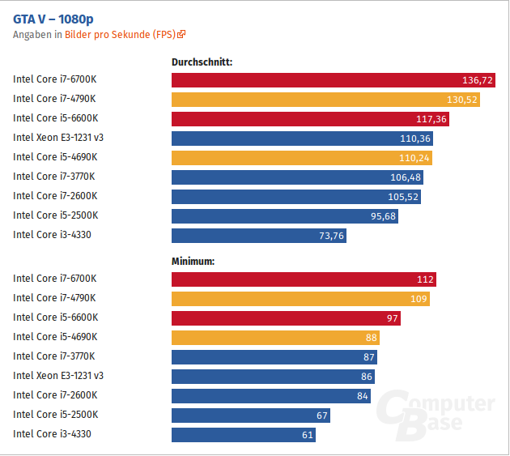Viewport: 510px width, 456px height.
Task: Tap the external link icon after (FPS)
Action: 182,35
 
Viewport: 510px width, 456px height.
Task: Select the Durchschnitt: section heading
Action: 202,62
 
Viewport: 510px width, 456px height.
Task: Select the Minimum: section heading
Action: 193,261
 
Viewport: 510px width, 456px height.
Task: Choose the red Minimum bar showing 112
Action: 304,279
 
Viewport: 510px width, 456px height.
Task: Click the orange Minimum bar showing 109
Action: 300,299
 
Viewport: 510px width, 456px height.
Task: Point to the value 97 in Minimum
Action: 392,318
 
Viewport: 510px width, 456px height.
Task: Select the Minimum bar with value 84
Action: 271,396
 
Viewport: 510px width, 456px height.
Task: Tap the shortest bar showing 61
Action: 243,435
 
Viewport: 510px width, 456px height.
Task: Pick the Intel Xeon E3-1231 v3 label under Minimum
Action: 58,377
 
